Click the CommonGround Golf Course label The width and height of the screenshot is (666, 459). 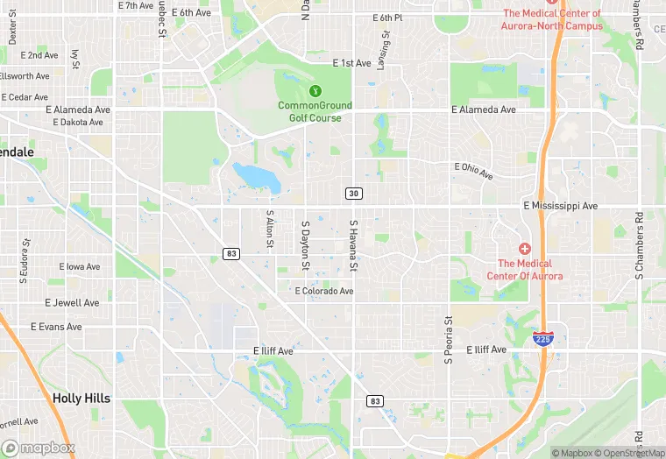coord(315,111)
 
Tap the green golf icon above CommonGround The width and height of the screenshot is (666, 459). coord(315,90)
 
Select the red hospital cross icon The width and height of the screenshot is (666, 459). coord(525,250)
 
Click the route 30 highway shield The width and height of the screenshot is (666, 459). coord(354,193)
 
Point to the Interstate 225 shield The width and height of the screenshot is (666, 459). coord(544,338)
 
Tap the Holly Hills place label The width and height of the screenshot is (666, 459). coord(81,398)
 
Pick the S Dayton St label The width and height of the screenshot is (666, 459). coord(306,244)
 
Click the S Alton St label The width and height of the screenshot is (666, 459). coord(270,230)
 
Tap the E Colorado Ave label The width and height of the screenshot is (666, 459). coord(324,291)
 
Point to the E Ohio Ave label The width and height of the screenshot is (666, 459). coord(474,171)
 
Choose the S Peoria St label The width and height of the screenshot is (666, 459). coord(448,339)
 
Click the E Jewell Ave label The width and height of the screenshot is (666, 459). coord(72,303)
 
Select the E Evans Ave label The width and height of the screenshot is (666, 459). coord(56,327)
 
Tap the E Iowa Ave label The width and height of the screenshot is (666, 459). coord(80,266)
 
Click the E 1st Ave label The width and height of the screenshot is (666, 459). coord(352,63)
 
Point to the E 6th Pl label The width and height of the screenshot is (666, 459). coord(386,18)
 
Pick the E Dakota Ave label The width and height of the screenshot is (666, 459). coord(78,123)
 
